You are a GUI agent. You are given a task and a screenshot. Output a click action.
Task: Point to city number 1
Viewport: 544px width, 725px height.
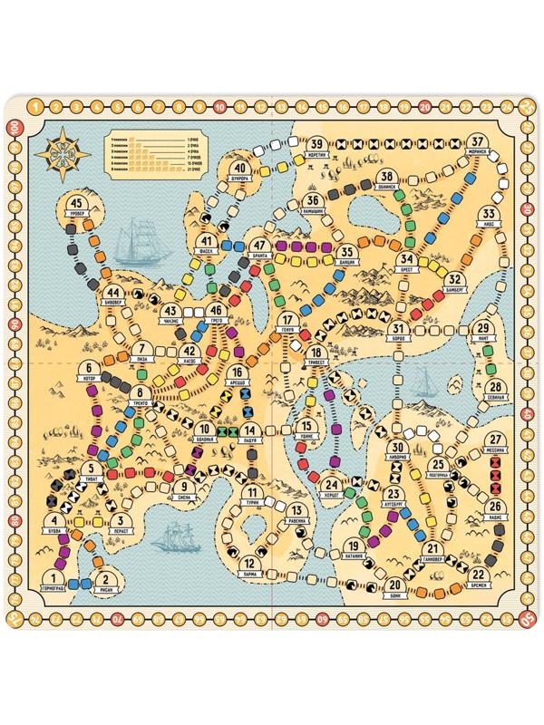pos(56,580)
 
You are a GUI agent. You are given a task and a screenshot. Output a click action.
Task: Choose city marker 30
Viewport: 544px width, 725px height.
pos(397,449)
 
